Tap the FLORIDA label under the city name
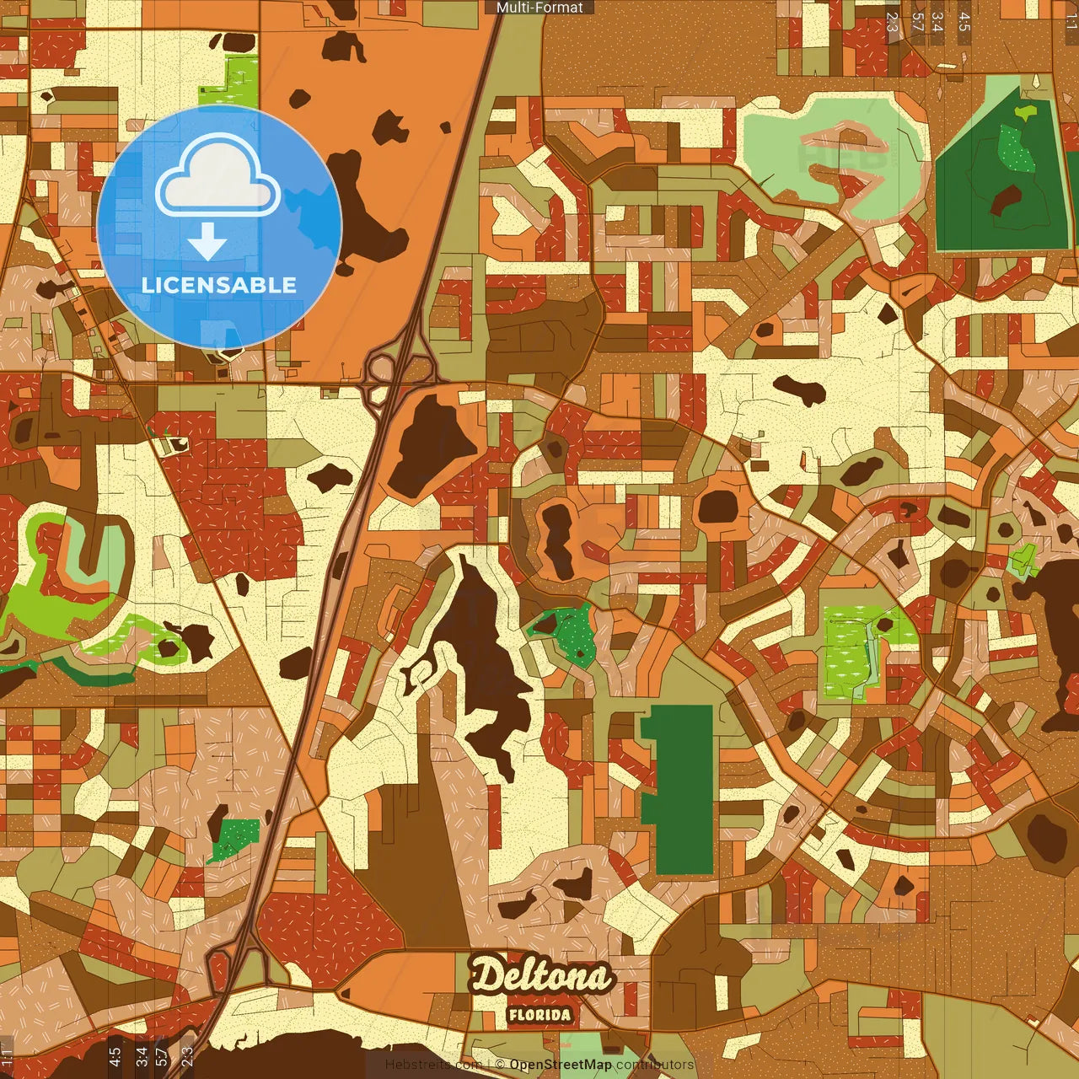point(539,1015)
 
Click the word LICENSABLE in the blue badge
point(219,285)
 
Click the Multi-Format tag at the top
point(539,8)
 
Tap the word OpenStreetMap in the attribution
point(560,1065)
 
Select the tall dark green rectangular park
point(679,788)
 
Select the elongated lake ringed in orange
point(556,539)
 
